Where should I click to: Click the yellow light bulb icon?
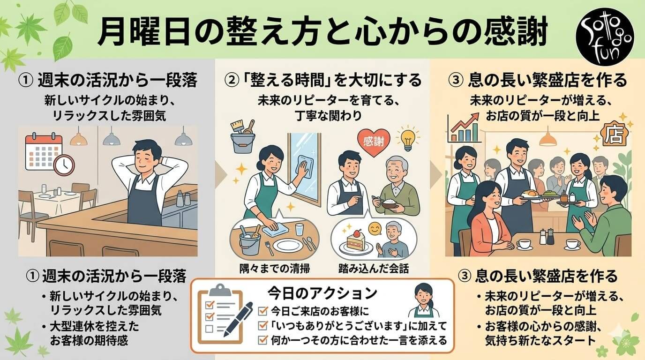[x=406, y=137]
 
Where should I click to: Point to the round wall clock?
[x=64, y=164]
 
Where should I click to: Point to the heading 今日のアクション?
[x=322, y=293]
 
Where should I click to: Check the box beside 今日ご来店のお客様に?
[x=262, y=310]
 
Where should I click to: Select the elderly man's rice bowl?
[x=387, y=205]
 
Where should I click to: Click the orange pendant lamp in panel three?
[x=547, y=138]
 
